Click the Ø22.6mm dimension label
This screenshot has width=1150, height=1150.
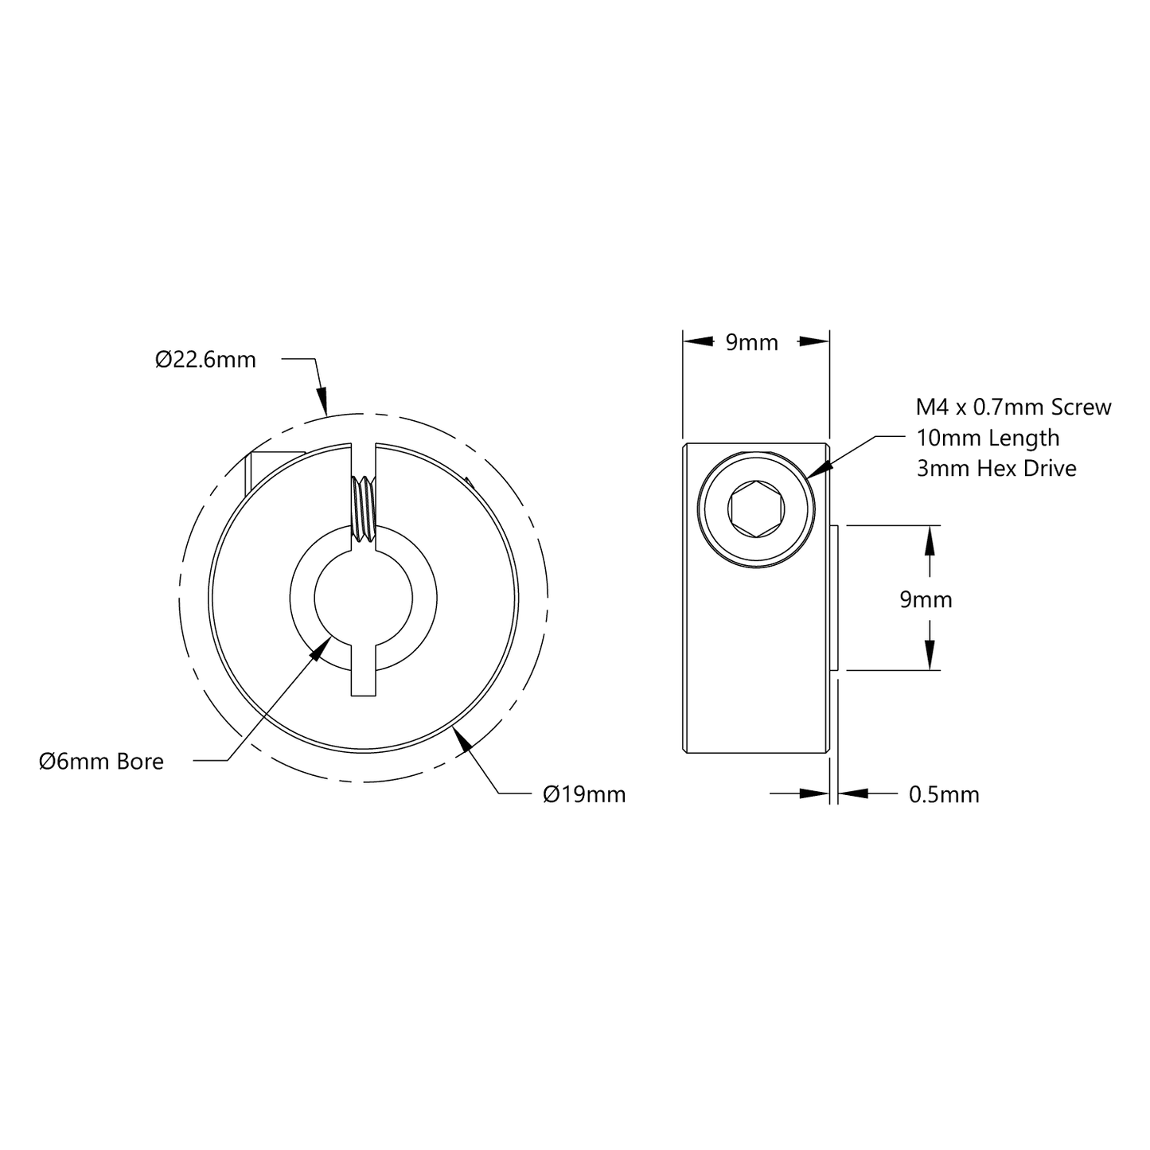click(x=205, y=360)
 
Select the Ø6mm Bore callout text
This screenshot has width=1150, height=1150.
click(x=101, y=761)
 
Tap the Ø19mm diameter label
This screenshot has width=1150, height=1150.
click(x=584, y=794)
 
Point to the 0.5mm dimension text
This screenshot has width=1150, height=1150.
click(x=944, y=794)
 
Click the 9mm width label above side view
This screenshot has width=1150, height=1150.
click(x=752, y=342)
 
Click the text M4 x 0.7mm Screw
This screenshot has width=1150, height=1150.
click(x=1013, y=407)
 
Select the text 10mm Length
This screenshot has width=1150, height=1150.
click(x=988, y=438)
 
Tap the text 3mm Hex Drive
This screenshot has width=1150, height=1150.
click(x=996, y=468)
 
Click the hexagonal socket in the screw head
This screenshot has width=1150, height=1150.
click(x=755, y=509)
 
